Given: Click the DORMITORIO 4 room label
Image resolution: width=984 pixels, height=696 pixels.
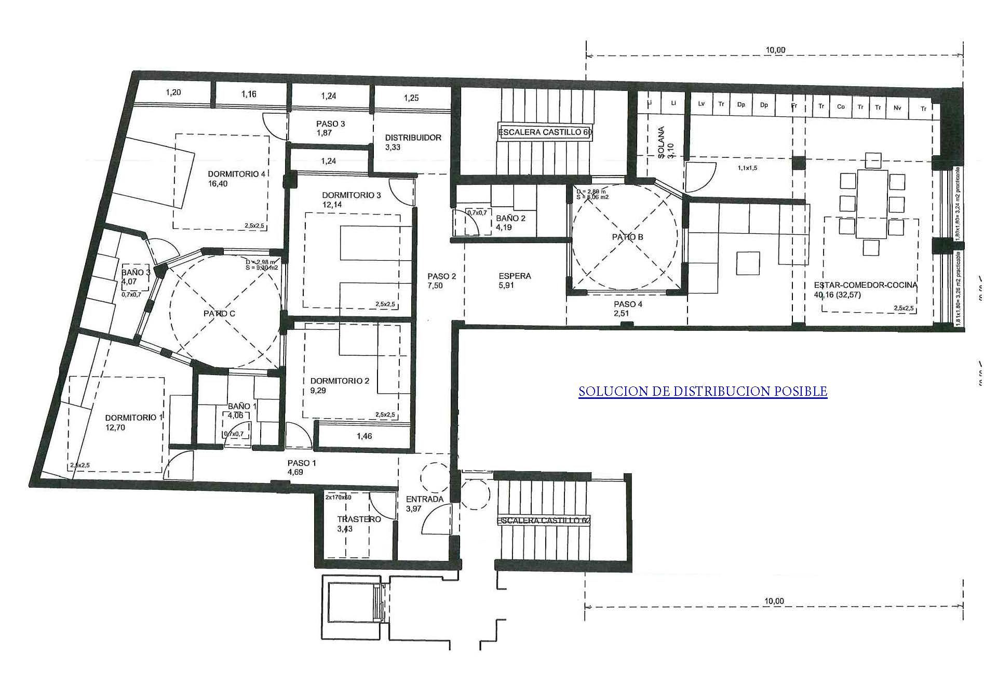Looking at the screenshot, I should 237,174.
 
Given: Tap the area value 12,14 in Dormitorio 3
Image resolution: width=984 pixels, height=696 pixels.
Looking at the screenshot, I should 332,205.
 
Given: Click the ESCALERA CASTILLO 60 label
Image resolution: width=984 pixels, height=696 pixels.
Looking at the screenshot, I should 545,132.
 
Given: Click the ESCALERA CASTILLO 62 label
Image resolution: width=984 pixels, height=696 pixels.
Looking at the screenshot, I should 544,520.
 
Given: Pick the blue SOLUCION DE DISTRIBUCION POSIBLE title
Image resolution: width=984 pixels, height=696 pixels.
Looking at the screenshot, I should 703,391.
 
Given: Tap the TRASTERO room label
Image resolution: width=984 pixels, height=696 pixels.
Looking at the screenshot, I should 359,519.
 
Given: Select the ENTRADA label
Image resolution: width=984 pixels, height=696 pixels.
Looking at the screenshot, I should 425,499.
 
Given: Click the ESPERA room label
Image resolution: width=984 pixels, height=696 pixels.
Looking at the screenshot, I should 514,276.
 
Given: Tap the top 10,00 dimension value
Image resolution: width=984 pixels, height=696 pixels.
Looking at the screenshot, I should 775,50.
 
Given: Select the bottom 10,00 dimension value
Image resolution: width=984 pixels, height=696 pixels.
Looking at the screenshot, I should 774,601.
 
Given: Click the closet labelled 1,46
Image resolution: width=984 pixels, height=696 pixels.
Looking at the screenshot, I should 365,436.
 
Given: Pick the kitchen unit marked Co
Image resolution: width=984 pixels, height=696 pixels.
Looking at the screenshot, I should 841,106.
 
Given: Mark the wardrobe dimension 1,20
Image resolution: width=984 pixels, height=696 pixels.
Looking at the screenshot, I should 173,92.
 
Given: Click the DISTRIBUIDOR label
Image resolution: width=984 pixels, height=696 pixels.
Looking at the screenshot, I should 413,138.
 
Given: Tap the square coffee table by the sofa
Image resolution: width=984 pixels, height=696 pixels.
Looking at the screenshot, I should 748,263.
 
